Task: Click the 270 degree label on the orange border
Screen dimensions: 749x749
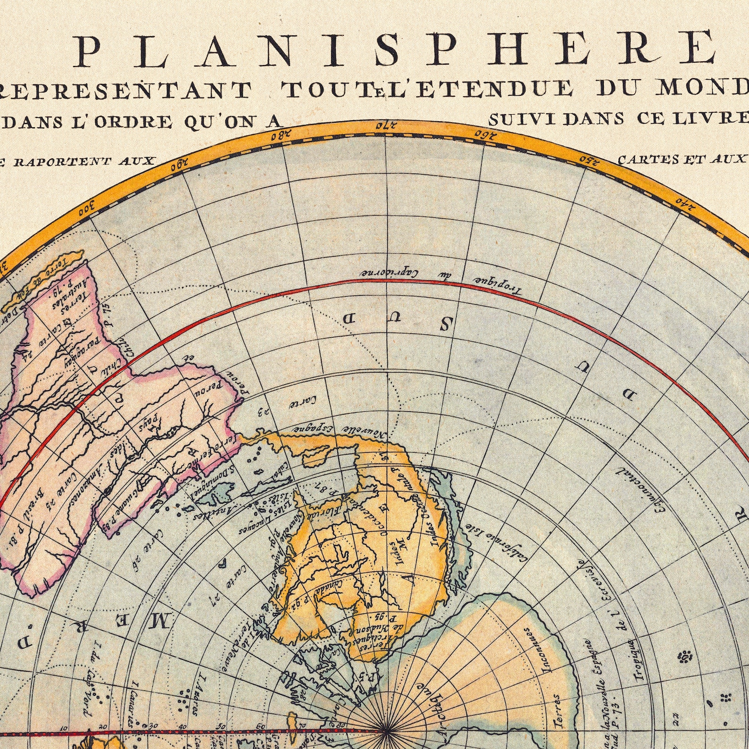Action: (x=385, y=126)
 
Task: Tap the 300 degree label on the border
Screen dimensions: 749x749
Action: (x=87, y=206)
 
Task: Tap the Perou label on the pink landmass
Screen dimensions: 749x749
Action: (x=204, y=391)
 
